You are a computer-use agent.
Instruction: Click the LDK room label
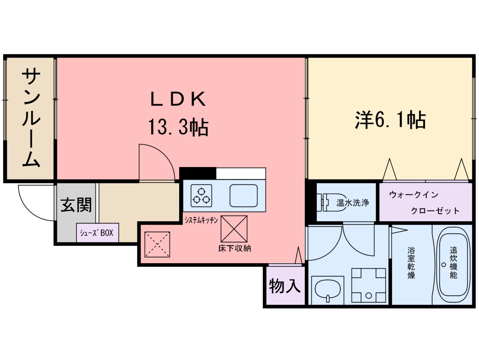coord(178,100)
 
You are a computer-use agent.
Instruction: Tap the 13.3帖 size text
coord(178,127)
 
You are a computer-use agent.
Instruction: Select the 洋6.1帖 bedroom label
coord(390,121)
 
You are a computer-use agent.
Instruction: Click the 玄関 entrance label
coord(76,205)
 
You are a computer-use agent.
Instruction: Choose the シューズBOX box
coord(97,233)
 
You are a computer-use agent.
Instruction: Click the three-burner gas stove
coord(201,195)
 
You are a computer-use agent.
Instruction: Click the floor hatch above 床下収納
coord(234,229)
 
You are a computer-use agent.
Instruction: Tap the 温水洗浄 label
coord(353,203)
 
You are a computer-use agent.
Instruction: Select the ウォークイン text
coord(413,195)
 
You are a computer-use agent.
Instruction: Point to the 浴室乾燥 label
coord(411,263)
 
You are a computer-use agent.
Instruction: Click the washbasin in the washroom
coord(327,288)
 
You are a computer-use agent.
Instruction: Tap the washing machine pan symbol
coord(368,285)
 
